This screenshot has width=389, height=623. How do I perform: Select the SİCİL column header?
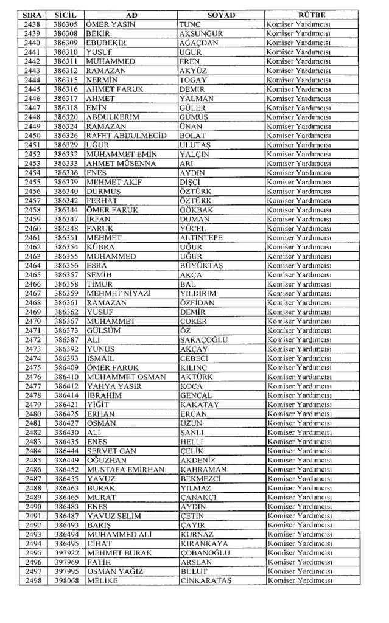[x=65, y=15]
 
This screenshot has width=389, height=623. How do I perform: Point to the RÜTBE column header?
[x=312, y=15]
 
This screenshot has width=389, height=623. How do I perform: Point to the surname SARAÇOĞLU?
[x=204, y=339]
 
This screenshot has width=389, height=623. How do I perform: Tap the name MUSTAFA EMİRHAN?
[x=125, y=470]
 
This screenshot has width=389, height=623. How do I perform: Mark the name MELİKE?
[x=102, y=581]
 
